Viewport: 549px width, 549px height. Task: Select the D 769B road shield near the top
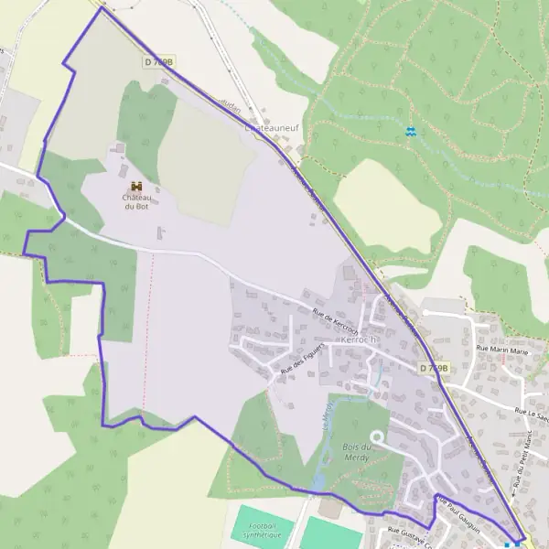tap(159, 61)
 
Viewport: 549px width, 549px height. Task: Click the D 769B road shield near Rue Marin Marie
tap(436, 367)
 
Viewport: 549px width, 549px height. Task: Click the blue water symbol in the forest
tap(411, 132)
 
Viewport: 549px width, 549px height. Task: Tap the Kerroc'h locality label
tap(359, 339)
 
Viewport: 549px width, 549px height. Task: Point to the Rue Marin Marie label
tap(502, 349)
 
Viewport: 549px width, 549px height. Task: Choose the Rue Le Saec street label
tap(531, 413)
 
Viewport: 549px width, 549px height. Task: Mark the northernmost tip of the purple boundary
tap(101, 8)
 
